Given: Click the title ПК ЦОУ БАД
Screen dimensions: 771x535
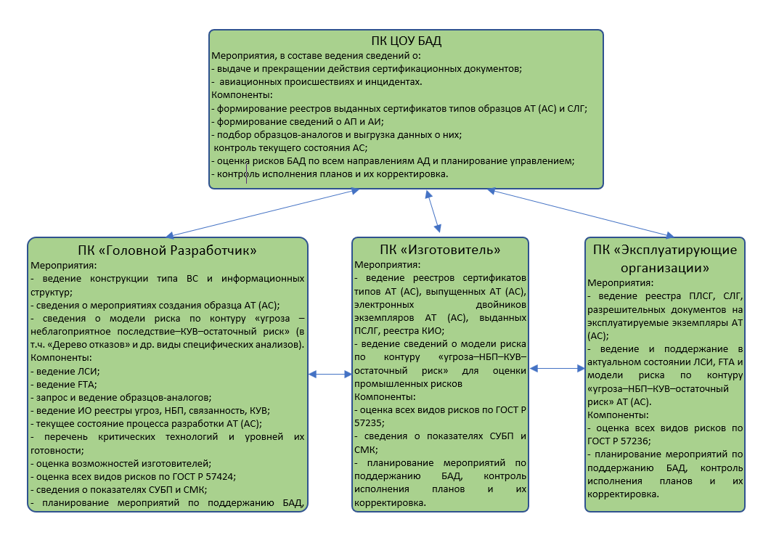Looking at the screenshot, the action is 406,41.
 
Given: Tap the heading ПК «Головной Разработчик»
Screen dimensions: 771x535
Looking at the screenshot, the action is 167,250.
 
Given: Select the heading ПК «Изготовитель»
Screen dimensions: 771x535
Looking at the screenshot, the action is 440,250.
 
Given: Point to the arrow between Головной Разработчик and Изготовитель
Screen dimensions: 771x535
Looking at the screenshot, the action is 330,375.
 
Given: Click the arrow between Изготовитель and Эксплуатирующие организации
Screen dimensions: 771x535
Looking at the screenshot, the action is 557,368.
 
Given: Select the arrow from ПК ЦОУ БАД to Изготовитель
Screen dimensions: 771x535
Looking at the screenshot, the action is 433,211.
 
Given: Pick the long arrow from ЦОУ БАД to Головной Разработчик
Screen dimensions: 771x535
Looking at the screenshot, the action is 263,213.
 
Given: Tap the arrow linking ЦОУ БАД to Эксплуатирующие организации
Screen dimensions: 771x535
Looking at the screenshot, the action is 580,213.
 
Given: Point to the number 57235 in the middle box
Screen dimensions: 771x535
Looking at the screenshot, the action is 367,423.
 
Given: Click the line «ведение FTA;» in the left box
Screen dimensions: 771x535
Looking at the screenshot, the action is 64,385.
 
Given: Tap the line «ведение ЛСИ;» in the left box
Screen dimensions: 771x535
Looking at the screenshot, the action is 65,371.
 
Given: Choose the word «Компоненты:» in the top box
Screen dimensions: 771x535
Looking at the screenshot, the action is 242,95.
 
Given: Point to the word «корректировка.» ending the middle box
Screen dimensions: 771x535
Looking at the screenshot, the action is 390,502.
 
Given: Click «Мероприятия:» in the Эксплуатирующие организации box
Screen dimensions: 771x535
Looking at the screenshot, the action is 620,282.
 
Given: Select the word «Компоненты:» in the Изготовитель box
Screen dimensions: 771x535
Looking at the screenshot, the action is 385,397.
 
